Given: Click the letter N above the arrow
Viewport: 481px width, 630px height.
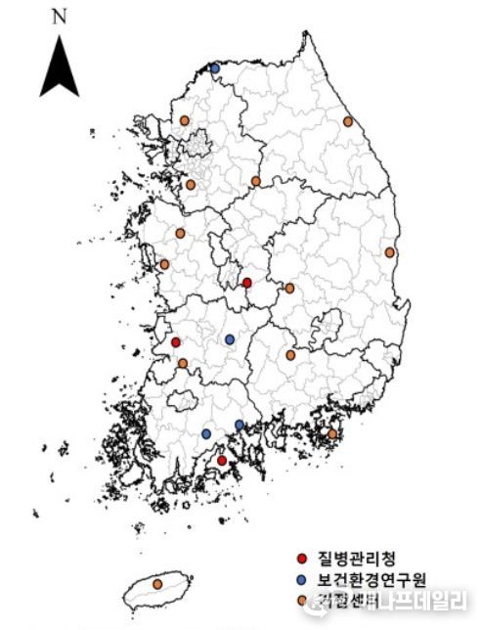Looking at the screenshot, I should coord(59,17).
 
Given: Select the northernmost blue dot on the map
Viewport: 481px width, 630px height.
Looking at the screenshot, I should coord(215,67).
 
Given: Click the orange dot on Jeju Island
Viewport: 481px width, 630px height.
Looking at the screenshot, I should coord(158,584).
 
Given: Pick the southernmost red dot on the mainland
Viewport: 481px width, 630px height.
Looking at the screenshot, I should coord(222,460).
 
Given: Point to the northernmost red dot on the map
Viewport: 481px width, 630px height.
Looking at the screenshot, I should coord(246,283).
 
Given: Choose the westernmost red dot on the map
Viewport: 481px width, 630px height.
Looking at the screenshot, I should coord(176,342).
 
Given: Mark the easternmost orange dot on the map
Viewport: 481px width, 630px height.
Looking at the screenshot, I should coord(390,252).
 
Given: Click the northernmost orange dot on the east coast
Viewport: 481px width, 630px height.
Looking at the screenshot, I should coord(348,121).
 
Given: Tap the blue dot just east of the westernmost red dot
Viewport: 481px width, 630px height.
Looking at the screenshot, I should coord(230,339).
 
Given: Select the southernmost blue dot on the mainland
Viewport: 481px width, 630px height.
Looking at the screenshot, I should coord(206,433).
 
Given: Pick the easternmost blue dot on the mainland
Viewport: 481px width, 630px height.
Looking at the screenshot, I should coord(240,425).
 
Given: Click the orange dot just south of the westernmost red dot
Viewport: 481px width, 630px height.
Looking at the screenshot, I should coord(183,363).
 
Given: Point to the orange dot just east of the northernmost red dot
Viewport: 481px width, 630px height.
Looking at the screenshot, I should coord(289,289).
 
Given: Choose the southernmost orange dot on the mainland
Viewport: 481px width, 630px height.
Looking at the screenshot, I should coord(332,433).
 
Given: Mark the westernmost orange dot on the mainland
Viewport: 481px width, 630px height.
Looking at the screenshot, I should coord(164,264).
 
